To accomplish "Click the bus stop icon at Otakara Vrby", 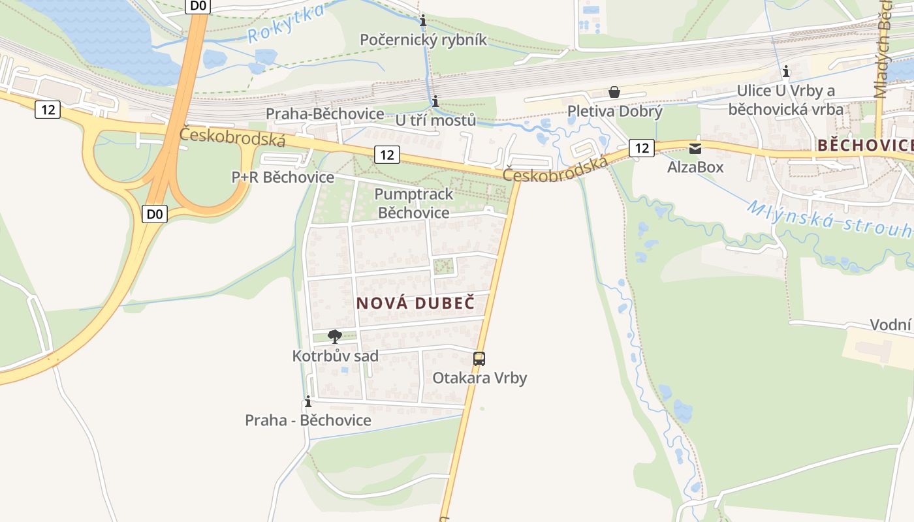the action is pyautogui.click(x=479, y=358).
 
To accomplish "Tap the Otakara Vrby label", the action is pyautogui.click(x=479, y=378).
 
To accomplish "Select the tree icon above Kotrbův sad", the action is pyautogui.click(x=335, y=337).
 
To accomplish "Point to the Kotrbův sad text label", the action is pyautogui.click(x=335, y=356).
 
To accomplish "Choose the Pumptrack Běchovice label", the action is pyautogui.click(x=414, y=204).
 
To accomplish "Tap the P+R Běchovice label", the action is pyautogui.click(x=283, y=177).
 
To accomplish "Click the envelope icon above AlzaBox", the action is pyautogui.click(x=695, y=149).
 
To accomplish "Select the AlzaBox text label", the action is pyautogui.click(x=695, y=167).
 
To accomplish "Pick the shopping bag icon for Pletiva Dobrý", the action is pyautogui.click(x=614, y=92).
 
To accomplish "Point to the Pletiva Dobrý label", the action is pyautogui.click(x=614, y=111).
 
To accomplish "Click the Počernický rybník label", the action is pyautogui.click(x=423, y=40).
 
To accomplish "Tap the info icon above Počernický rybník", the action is pyautogui.click(x=423, y=21).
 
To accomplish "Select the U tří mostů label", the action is pyautogui.click(x=435, y=120).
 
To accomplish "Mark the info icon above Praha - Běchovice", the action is pyautogui.click(x=308, y=401).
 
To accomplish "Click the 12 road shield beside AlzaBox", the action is pyautogui.click(x=642, y=148).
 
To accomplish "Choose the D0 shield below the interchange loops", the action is pyautogui.click(x=155, y=213).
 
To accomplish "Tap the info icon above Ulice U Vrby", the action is pyautogui.click(x=786, y=71).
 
